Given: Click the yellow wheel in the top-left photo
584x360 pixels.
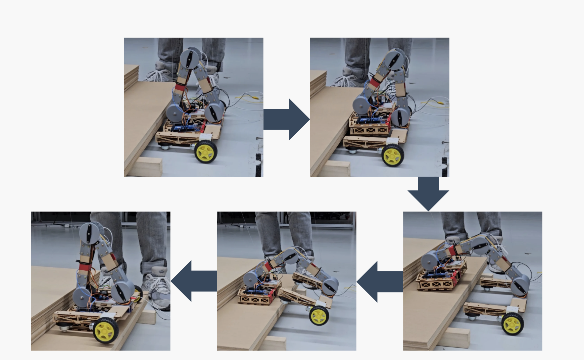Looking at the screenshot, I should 205,151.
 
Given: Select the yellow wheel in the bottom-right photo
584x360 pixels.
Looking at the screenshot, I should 513,324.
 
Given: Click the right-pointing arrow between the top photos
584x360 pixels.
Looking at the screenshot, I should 286,119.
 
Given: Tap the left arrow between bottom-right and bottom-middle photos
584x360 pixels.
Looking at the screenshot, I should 379,281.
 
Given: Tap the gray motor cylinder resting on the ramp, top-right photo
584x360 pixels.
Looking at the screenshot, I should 361,105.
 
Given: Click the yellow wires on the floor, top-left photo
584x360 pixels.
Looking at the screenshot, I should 248,97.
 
